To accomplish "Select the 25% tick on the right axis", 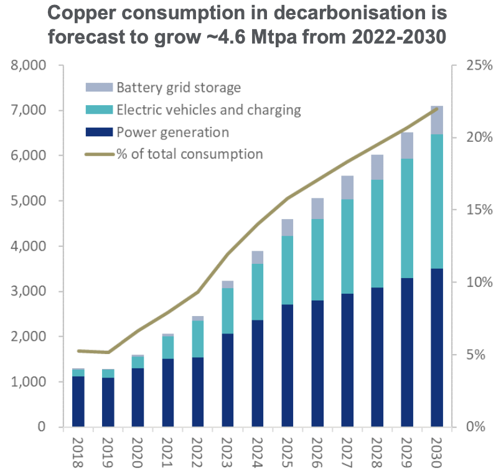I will tap(475, 65).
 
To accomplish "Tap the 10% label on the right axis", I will tap(475, 282).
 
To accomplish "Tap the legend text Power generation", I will tap(172, 132).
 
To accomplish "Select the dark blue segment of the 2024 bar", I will tap(257, 373).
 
